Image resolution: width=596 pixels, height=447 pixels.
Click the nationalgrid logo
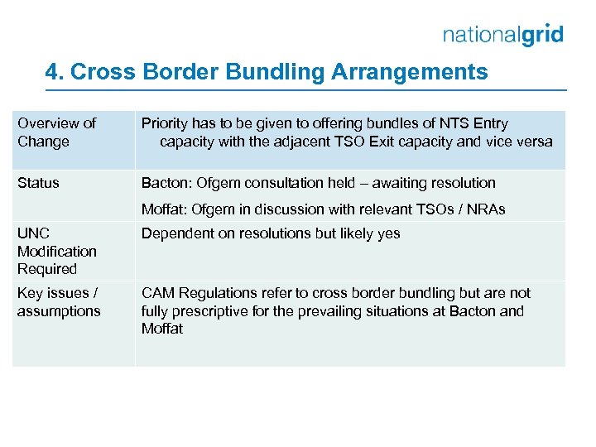(502, 34)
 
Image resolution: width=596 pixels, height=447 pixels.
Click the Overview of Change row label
(56, 132)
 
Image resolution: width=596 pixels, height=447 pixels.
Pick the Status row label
(38, 183)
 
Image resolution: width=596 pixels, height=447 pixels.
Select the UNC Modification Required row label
(56, 251)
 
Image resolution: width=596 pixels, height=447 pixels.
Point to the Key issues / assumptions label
(58, 302)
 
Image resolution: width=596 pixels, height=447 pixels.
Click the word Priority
(164, 123)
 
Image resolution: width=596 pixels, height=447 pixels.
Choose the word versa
(533, 142)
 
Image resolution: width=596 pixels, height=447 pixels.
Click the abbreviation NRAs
(487, 209)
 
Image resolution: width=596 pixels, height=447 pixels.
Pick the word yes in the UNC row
(388, 233)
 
